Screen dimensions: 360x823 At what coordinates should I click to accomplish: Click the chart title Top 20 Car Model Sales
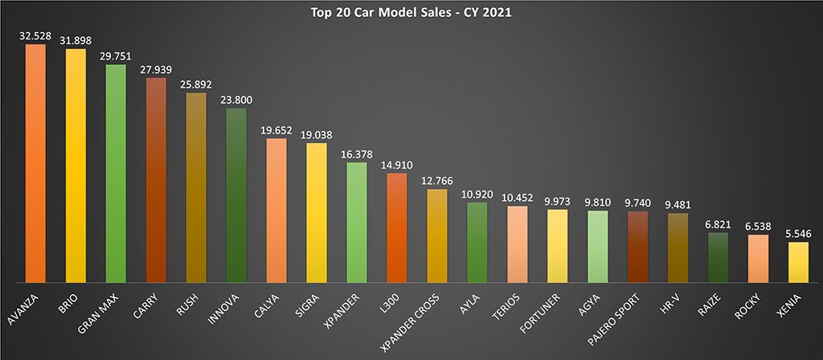tap(411, 13)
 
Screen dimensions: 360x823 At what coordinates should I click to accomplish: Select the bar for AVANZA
tap(35, 161)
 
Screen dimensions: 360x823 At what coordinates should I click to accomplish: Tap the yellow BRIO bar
tap(76, 165)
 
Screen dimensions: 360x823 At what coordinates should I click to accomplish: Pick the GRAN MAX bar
tap(116, 173)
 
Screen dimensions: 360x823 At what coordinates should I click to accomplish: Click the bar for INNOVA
tap(236, 194)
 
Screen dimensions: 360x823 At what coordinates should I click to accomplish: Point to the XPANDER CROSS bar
tap(437, 235)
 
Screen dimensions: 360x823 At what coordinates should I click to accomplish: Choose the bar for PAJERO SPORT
tap(637, 247)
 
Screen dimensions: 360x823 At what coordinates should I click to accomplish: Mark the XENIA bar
tap(798, 262)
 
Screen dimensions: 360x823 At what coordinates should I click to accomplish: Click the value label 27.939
tap(156, 72)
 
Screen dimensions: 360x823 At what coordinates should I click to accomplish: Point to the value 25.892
tap(196, 86)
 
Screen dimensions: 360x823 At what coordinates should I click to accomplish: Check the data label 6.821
tap(718, 226)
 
